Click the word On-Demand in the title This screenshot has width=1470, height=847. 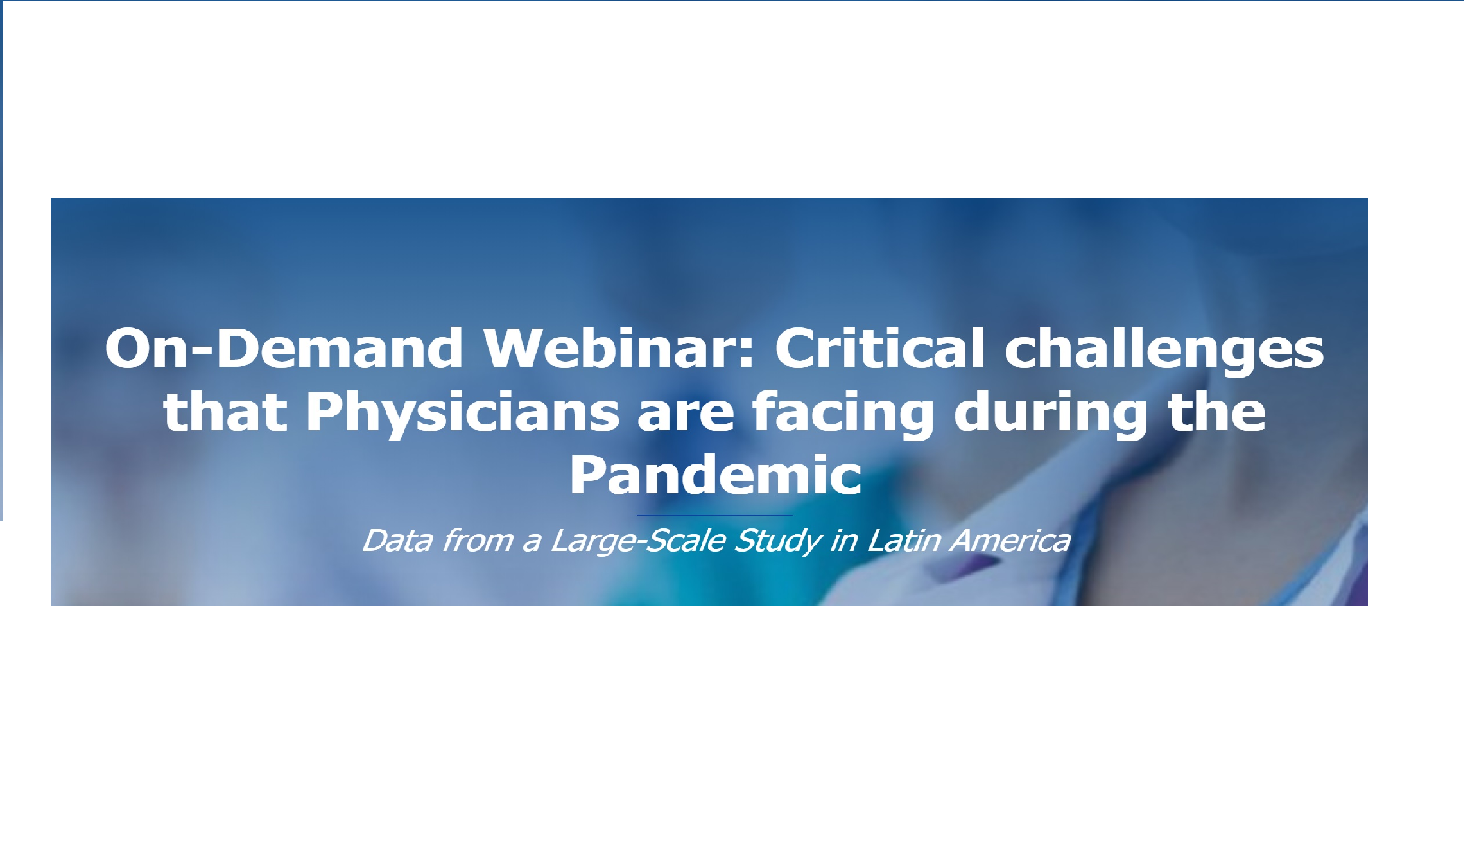(283, 349)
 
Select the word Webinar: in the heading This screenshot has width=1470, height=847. (619, 349)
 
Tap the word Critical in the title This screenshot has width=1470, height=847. (879, 349)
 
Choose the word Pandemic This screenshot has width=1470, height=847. (715, 475)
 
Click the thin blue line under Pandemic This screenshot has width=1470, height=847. (714, 515)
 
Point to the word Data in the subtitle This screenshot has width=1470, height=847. (398, 541)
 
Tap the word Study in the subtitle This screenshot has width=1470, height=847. (777, 541)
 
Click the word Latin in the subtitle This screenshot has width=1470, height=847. (904, 541)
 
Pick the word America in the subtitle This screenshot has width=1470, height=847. (1010, 541)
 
